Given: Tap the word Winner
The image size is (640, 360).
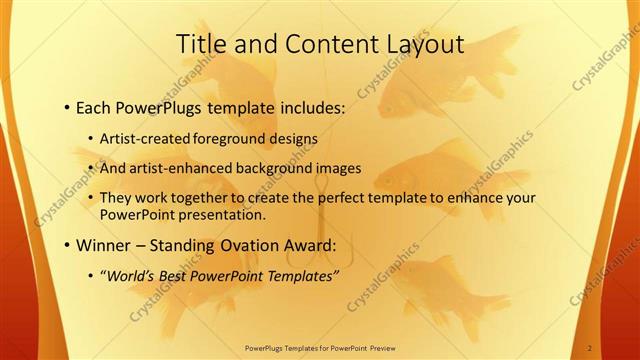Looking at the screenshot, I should (x=104, y=245).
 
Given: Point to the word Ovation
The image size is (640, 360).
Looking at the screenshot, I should (x=251, y=245).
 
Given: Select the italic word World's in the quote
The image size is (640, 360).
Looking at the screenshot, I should (x=131, y=276).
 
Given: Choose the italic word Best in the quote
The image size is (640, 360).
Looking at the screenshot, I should (x=177, y=276).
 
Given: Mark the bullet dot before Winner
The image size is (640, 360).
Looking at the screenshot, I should (x=66, y=245).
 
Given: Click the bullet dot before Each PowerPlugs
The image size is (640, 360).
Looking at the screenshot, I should (x=66, y=105).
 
